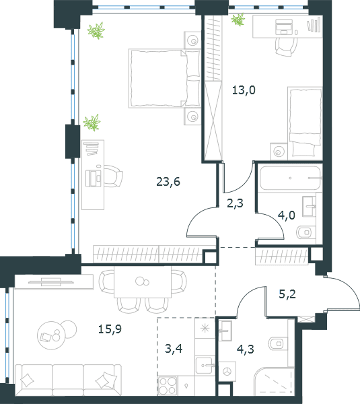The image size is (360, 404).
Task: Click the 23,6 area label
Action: pyautogui.click(x=168, y=182)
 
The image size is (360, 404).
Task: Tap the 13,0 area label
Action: pyautogui.click(x=244, y=90)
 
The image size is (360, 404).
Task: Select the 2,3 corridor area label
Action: pyautogui.click(x=235, y=203)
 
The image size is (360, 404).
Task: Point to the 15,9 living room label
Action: pyautogui.click(x=110, y=329)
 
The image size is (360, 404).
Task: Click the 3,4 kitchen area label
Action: pyautogui.click(x=174, y=349)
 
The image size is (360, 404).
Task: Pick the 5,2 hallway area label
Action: pyautogui.click(x=287, y=294)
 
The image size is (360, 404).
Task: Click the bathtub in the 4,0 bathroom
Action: pyautogui.click(x=290, y=178)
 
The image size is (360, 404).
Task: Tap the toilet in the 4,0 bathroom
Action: pyautogui.click(x=306, y=232)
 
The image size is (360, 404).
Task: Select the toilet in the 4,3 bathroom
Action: pyautogui.click(x=278, y=343)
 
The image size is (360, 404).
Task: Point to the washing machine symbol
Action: pyautogui.click(x=227, y=371)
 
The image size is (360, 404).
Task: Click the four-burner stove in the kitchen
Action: pyautogui.click(x=168, y=385)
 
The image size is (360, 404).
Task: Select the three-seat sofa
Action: pyautogui.click(x=68, y=380)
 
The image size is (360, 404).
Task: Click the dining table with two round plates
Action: pyautogui.click(x=143, y=282)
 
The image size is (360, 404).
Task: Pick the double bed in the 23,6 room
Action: pyautogui.click(x=165, y=78)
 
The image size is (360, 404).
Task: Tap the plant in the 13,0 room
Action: pyautogui.click(x=238, y=20)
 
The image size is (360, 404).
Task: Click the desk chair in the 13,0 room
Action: pyautogui.click(x=285, y=47)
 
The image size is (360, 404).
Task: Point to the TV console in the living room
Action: pyautogui.click(x=54, y=281)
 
